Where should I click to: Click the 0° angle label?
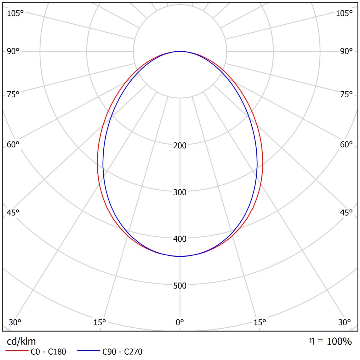[x=180, y=322]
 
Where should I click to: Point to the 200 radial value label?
[x=180, y=145]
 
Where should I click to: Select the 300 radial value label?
[x=180, y=192]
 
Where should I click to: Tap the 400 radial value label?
[x=180, y=239]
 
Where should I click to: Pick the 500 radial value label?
[x=180, y=285]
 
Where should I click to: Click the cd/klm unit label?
[x=21, y=341]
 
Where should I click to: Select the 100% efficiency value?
[x=339, y=341]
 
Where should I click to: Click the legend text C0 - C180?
[x=48, y=351]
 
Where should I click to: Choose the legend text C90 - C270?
[x=122, y=351]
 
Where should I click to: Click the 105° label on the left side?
[x=16, y=13]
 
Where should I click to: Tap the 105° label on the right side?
[x=344, y=13]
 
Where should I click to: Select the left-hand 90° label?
[x=13, y=51]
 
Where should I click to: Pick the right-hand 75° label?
[x=346, y=95]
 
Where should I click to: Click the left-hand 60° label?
[x=13, y=145]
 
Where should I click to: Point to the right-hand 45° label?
[x=346, y=213]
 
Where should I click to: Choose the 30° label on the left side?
[x=15, y=322]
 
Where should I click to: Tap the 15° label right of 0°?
[x=260, y=322]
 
